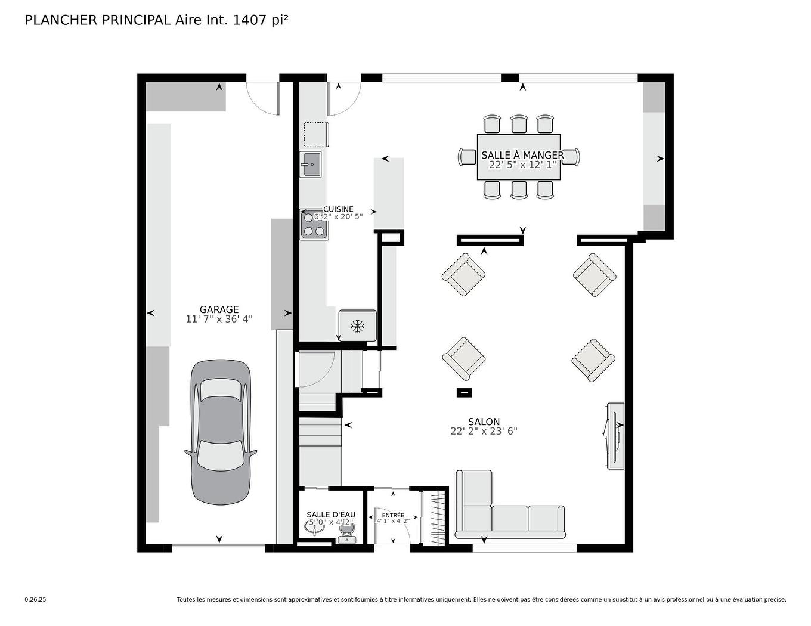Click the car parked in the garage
pyautogui.click(x=221, y=432)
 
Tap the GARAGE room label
pyautogui.click(x=219, y=309)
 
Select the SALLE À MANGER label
pyautogui.click(x=522, y=155)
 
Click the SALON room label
pyautogui.click(x=484, y=422)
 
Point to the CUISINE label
pyautogui.click(x=338, y=209)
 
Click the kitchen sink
pyautogui.click(x=310, y=164)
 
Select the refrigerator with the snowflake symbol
pyautogui.click(x=357, y=326)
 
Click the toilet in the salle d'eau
pyautogui.click(x=346, y=532)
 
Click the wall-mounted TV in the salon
pyautogui.click(x=615, y=435)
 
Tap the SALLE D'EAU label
pyautogui.click(x=331, y=515)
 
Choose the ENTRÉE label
pyautogui.click(x=393, y=515)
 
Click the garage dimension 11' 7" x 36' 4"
pyautogui.click(x=219, y=319)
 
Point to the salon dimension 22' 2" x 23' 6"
pyautogui.click(x=484, y=431)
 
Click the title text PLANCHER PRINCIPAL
pyautogui.click(x=98, y=20)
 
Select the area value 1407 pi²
pyautogui.click(x=261, y=20)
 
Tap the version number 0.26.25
pyautogui.click(x=35, y=600)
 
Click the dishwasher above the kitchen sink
pyautogui.click(x=316, y=134)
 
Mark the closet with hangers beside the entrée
pyautogui.click(x=434, y=517)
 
